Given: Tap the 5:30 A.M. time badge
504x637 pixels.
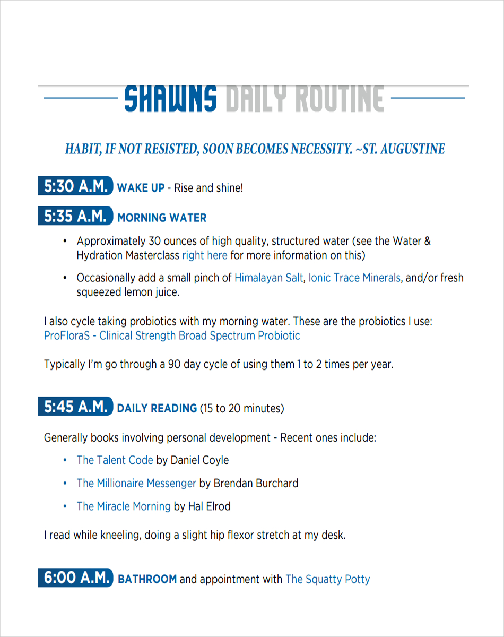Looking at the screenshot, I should click(x=75, y=186).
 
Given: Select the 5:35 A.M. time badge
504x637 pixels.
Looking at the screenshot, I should click(x=75, y=216).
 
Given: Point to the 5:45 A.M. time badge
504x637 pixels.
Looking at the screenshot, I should click(x=75, y=407).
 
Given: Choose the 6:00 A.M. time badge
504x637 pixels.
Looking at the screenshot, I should click(x=75, y=578).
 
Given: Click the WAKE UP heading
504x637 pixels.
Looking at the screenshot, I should click(x=141, y=188).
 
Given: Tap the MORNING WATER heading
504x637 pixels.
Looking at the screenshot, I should click(x=162, y=218).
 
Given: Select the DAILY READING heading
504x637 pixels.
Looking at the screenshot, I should click(x=157, y=409).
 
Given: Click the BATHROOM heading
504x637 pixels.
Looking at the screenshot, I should click(x=147, y=579).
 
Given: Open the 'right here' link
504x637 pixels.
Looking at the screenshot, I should click(x=205, y=255).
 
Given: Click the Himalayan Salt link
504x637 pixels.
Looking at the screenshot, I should click(x=268, y=278).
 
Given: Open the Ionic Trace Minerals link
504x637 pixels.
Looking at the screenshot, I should click(x=354, y=278).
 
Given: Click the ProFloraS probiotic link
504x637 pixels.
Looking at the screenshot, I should click(x=172, y=336).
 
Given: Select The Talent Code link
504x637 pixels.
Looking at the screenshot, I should click(x=115, y=460).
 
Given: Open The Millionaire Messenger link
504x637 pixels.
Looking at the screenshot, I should click(x=136, y=484).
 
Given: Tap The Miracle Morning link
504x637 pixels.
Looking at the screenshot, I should click(x=124, y=506).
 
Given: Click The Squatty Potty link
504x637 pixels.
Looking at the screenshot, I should click(x=327, y=579).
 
